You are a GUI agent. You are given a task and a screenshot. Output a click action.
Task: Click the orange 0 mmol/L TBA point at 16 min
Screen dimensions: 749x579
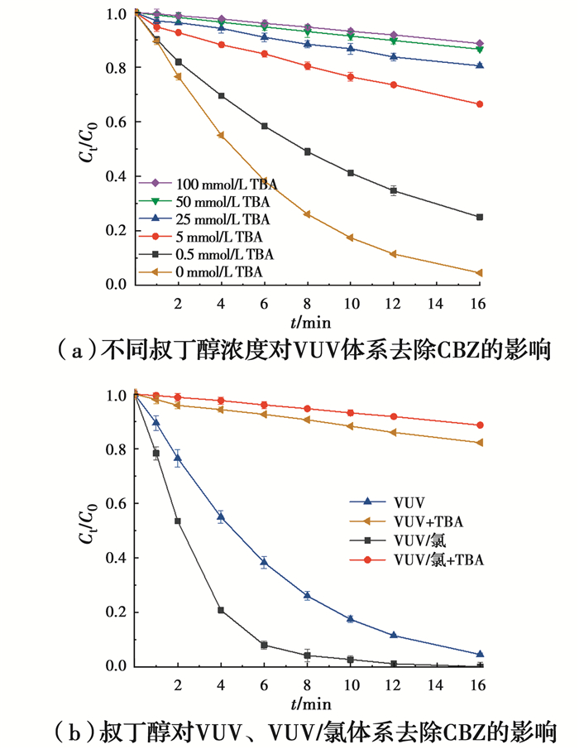tap(480, 273)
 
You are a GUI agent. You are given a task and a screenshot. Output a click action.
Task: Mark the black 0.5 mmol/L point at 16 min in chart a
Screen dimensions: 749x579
tap(480, 217)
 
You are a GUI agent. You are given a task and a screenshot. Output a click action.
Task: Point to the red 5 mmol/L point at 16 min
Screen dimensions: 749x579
tap(480, 104)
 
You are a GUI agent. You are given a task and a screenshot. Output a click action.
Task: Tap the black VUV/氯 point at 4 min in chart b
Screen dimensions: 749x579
tap(221, 610)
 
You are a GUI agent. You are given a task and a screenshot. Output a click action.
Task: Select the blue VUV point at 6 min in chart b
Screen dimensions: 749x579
tap(264, 562)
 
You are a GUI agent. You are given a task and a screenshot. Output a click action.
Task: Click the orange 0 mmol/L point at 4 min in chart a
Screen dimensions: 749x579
tap(221, 136)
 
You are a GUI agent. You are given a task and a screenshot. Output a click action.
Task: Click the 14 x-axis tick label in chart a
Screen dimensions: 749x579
tap(436, 305)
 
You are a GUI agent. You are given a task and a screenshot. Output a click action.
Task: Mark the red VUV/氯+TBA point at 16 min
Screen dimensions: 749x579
tap(480, 425)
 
